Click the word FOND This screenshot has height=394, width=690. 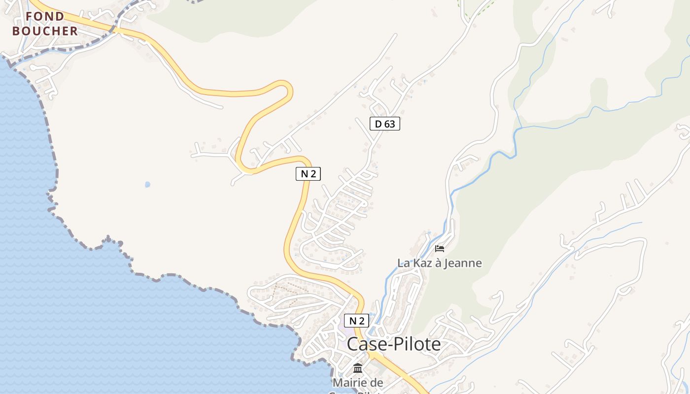[x=45, y=16]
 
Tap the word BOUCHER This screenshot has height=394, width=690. [x=45, y=31]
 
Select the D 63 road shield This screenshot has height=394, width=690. [x=385, y=124]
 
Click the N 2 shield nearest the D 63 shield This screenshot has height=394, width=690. [x=309, y=173]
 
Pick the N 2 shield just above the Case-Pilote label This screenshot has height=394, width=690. [x=356, y=321]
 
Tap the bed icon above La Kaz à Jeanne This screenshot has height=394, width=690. [x=440, y=249]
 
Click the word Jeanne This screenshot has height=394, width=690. [x=462, y=263]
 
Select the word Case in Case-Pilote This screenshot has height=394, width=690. [x=365, y=344]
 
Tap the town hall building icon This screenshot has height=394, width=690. [x=358, y=368]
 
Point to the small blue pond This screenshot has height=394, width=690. [x=147, y=185]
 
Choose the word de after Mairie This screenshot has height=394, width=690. [x=377, y=382]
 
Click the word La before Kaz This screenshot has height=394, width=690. [x=404, y=263]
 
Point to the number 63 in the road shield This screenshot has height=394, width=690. [x=389, y=124]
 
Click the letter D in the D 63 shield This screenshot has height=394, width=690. [x=378, y=124]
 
